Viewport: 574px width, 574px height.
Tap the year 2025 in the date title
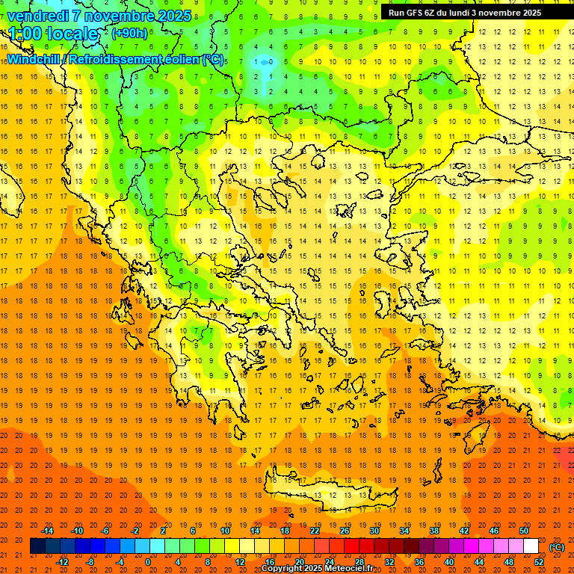tap(173, 16)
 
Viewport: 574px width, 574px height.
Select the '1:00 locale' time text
tap(54, 34)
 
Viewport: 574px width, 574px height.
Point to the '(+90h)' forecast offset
tap(129, 34)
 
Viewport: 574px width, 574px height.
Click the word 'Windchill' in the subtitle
tap(34, 59)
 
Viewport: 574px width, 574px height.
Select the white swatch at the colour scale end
tap(531, 546)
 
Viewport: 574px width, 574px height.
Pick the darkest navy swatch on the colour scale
tap(37, 546)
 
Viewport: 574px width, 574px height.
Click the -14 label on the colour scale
tap(48, 531)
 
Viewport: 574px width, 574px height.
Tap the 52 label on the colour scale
tap(539, 562)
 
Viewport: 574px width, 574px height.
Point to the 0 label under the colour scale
tap(147, 562)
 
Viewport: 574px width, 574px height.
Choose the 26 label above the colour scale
tap(345, 531)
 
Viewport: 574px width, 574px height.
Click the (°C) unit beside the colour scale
tap(557, 546)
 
